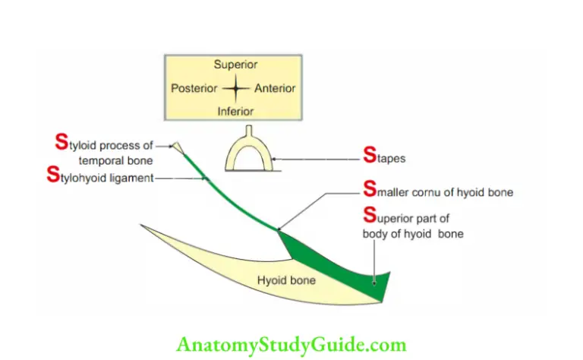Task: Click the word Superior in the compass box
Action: click(x=235, y=65)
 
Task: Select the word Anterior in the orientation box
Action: click(x=275, y=88)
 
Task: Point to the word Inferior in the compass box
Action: click(x=235, y=111)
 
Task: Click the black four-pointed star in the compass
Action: click(x=235, y=88)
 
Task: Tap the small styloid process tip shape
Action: click(x=178, y=147)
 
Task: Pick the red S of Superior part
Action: click(x=370, y=216)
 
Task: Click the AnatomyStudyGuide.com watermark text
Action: click(x=291, y=345)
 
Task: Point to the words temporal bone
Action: click(x=115, y=160)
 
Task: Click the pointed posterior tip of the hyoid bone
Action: click(x=143, y=226)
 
